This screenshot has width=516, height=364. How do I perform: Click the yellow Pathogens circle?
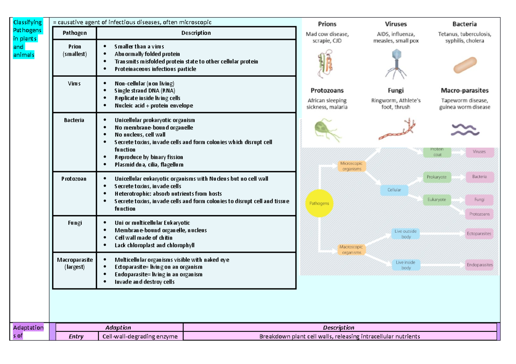point(319,203)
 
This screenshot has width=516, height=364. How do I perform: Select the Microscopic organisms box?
point(351,166)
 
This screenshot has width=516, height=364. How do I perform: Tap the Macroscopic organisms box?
point(351,250)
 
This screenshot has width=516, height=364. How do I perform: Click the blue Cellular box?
point(394,189)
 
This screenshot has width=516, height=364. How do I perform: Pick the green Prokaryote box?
point(436,177)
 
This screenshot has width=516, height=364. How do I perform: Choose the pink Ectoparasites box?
point(479,234)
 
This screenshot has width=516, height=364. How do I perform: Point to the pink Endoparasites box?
point(479,265)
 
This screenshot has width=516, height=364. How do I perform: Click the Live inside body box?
point(406,265)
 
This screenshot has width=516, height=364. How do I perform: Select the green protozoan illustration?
point(326,129)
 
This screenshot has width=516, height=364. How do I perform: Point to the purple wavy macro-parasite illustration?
point(464,129)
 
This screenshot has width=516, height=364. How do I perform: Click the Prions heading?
point(327,24)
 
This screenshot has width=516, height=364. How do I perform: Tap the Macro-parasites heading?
point(464,91)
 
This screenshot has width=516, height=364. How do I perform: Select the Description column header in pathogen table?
point(196,33)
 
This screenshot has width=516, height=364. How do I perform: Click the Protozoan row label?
point(74,179)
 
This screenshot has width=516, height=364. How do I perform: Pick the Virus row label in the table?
point(74,83)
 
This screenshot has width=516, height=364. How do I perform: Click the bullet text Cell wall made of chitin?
point(143,238)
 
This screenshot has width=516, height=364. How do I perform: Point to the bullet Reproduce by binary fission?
point(148,157)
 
